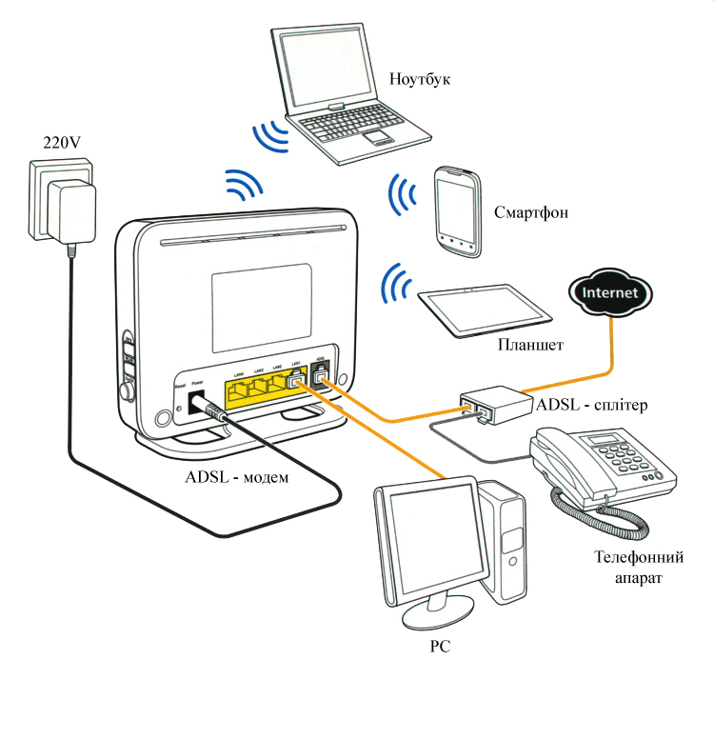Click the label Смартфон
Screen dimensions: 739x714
click(x=531, y=212)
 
